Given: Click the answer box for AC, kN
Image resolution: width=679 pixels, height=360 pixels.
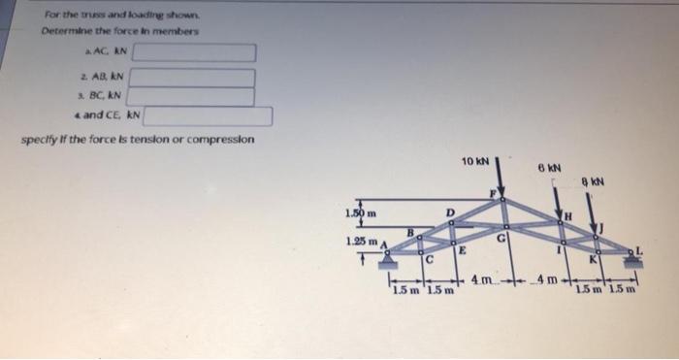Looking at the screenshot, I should point(201,52).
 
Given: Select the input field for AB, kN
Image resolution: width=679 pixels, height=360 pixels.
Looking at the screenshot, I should point(192,78).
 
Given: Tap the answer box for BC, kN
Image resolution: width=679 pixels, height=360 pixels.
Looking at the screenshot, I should point(192,96).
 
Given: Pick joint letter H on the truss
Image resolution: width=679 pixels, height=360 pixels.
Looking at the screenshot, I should point(570,214).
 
